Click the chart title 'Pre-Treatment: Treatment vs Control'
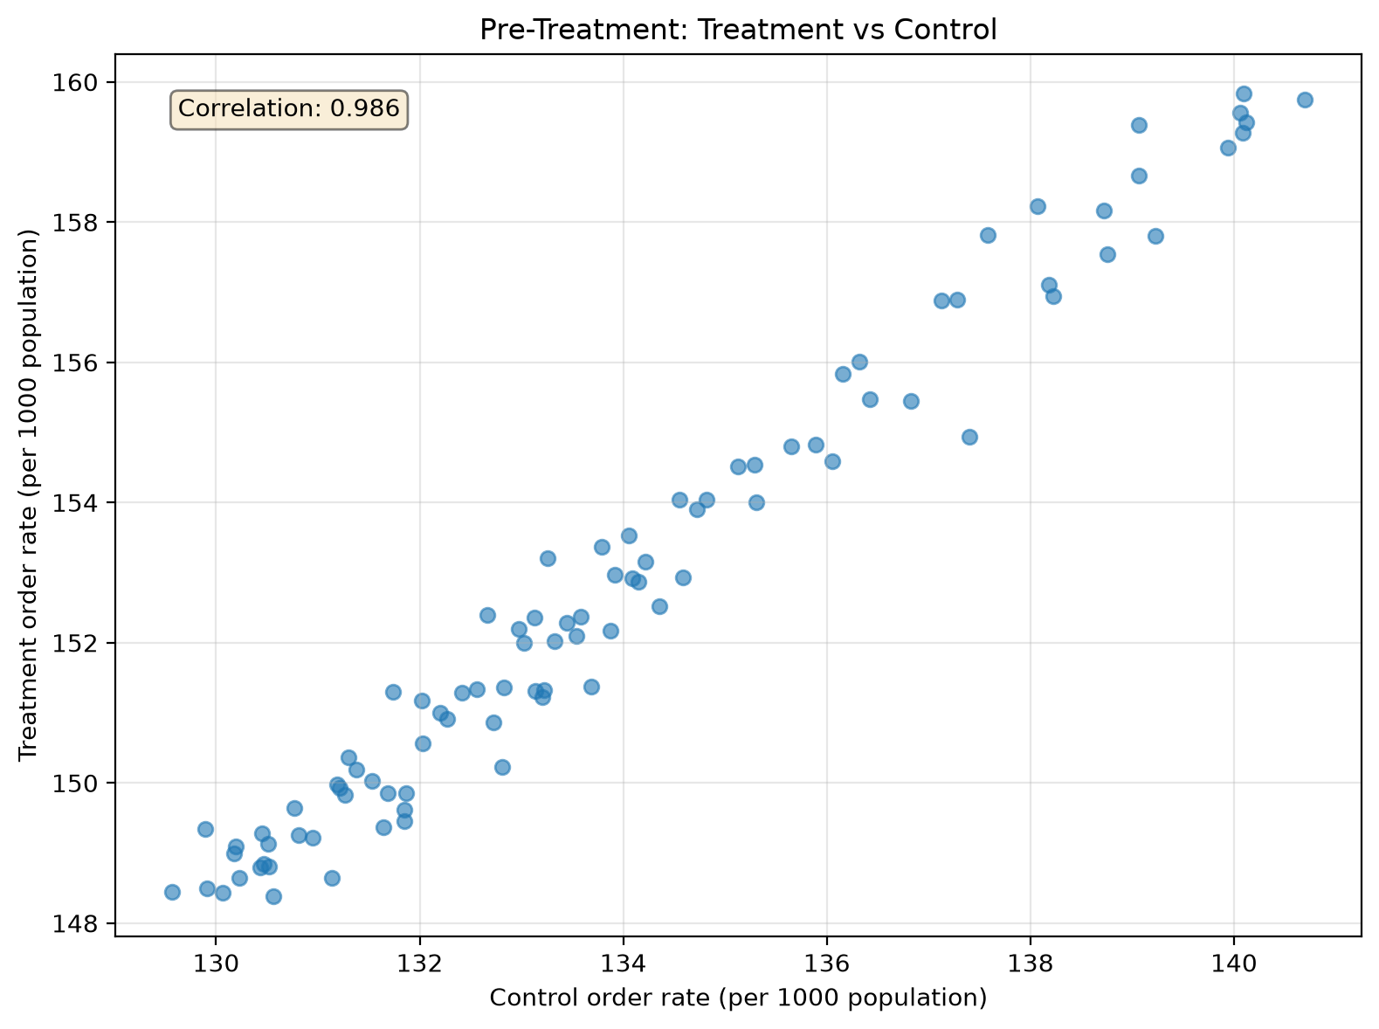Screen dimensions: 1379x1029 coord(738,30)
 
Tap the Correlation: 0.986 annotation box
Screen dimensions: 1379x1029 coord(289,109)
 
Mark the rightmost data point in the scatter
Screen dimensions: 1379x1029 coord(1305,100)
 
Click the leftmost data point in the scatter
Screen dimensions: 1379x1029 coord(172,892)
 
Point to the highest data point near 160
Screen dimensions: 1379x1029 coord(1244,93)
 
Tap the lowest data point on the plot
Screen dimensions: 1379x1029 coord(274,896)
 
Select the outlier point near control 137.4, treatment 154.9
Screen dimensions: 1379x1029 coord(970,438)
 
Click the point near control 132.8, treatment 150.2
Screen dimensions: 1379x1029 coord(502,767)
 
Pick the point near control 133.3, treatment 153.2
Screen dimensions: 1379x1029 coord(548,558)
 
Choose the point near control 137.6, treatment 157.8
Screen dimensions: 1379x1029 coord(989,236)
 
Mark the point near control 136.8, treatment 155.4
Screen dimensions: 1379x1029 coord(911,402)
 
